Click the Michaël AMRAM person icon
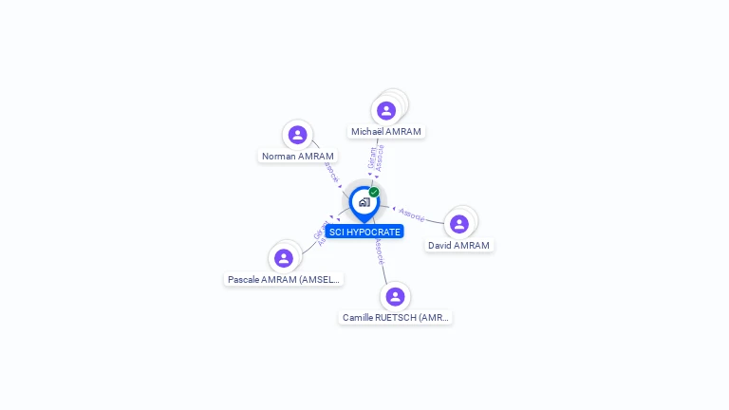(x=386, y=110)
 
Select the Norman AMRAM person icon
(x=298, y=135)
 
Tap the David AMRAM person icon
(x=459, y=224)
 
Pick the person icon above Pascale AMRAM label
(x=283, y=258)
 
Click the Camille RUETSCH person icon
(x=396, y=296)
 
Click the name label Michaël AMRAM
(x=386, y=131)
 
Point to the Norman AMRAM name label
(x=298, y=156)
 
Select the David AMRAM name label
(x=459, y=245)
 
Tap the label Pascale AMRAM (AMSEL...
(x=283, y=279)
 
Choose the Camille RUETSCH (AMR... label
(x=396, y=317)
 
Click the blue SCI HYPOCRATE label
(x=364, y=232)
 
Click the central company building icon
(x=364, y=202)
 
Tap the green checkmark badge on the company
(x=374, y=192)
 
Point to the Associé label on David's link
(x=412, y=214)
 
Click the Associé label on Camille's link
(x=379, y=251)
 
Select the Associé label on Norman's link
(x=329, y=172)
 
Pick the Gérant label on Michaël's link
(x=371, y=157)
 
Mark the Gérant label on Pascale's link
(x=318, y=230)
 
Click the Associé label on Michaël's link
(x=380, y=158)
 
